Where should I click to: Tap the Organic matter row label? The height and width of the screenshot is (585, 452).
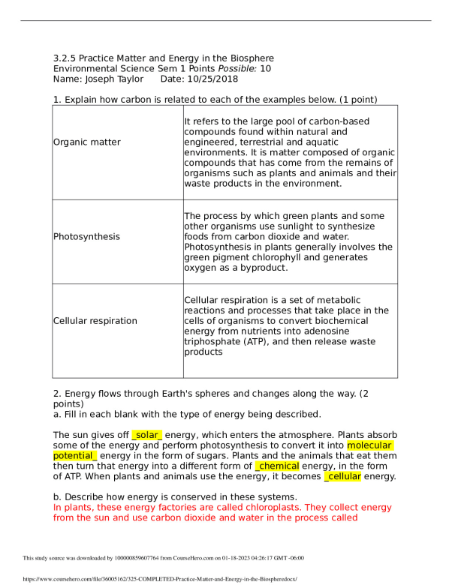tap(87, 142)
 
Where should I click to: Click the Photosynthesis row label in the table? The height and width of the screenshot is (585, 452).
tap(86, 236)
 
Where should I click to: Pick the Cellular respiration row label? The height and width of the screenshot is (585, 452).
tap(95, 321)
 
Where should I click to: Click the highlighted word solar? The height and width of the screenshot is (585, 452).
tap(147, 435)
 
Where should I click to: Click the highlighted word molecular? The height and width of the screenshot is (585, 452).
tap(370, 445)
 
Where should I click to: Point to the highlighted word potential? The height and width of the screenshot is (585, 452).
tap(75, 456)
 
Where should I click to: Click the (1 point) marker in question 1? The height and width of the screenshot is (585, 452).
tap(351, 100)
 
